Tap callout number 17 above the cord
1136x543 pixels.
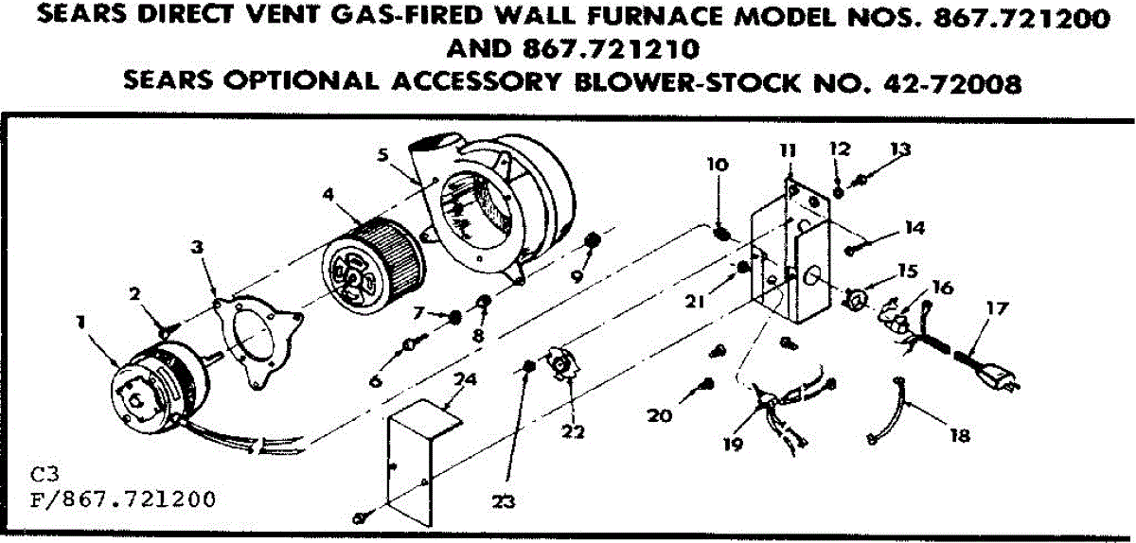tap(998, 307)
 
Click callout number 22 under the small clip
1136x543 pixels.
tap(572, 431)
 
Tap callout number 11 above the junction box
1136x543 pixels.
tap(789, 150)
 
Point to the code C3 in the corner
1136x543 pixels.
tap(42, 473)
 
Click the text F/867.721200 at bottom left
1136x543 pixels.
tap(123, 499)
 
